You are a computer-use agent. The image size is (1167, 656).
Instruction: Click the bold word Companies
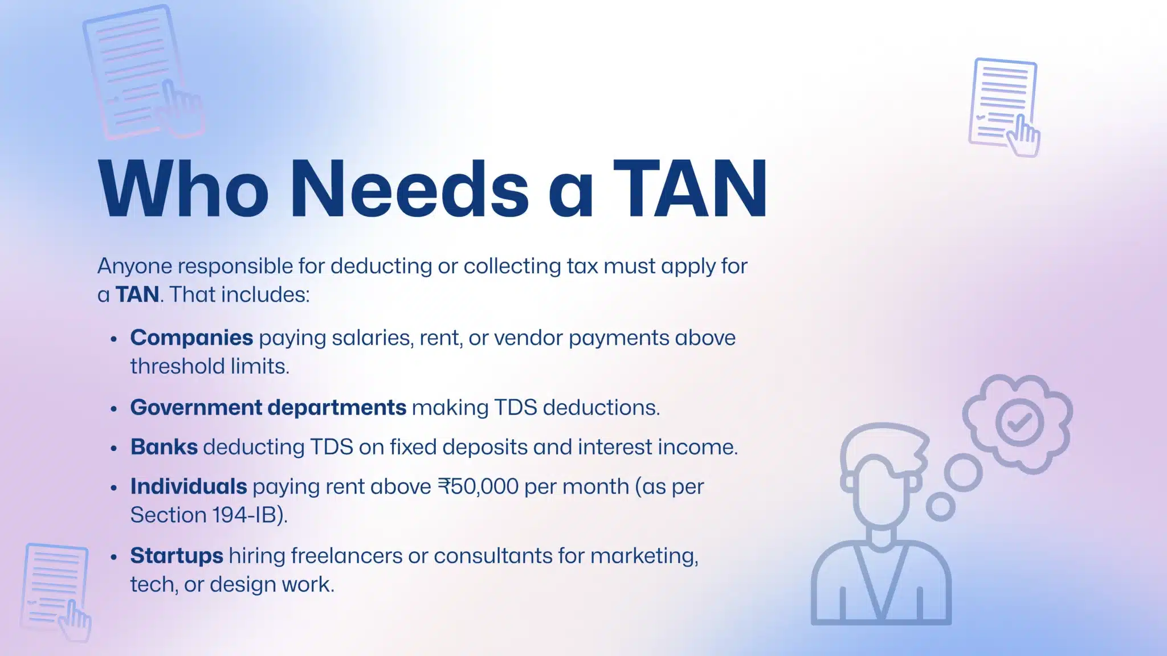(x=191, y=338)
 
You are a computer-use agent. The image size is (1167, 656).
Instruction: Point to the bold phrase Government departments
(x=268, y=408)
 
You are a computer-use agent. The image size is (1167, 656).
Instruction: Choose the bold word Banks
(x=164, y=447)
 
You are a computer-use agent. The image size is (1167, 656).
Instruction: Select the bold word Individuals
(x=188, y=487)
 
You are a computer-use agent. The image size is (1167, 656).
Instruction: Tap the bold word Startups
(x=177, y=556)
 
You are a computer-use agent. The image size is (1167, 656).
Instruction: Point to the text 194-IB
(x=244, y=515)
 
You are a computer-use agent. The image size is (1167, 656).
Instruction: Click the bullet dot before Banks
(x=114, y=449)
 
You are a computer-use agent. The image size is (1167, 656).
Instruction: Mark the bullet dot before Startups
(x=114, y=557)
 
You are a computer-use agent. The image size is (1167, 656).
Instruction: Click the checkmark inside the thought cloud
(x=1019, y=423)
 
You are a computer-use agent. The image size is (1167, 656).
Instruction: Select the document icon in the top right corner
(x=1004, y=106)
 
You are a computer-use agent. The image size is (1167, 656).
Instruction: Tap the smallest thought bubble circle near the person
(x=940, y=506)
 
